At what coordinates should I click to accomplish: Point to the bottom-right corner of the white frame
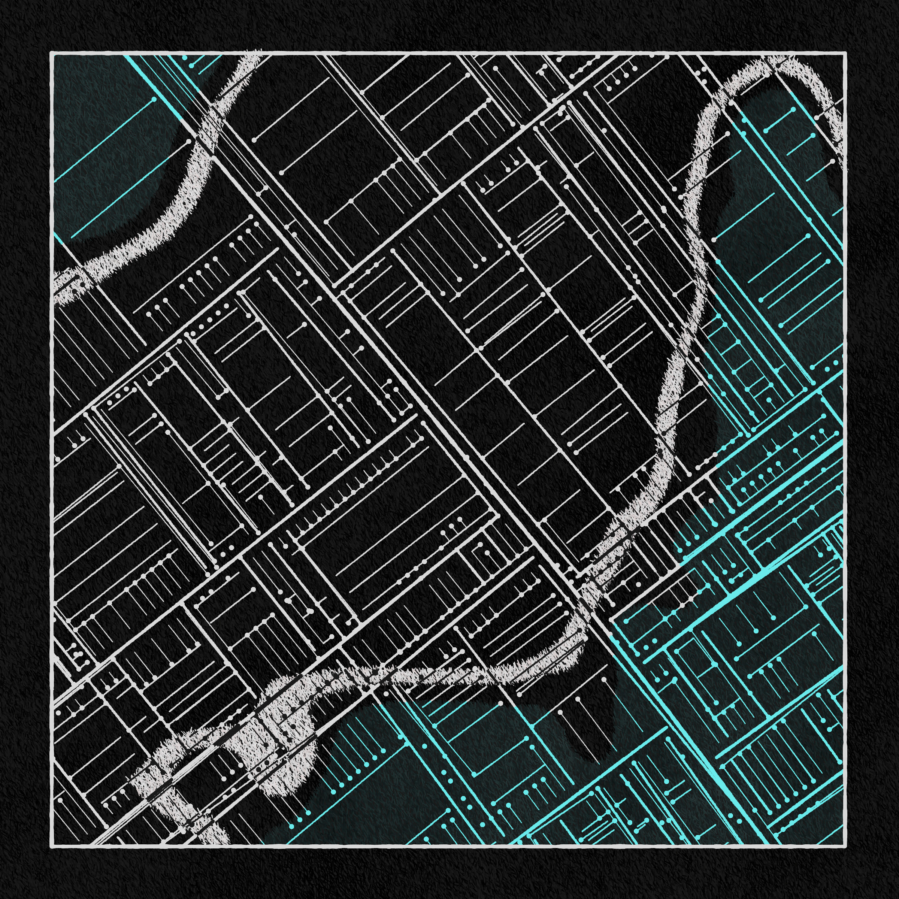pyautogui.click(x=845, y=845)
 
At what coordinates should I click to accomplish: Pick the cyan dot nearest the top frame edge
pyautogui.click(x=185, y=58)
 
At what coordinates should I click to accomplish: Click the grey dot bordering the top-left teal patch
pyautogui.click(x=188, y=140)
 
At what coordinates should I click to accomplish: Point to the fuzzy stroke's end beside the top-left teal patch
pyautogui.click(x=254, y=58)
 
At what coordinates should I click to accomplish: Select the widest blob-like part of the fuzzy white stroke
pyautogui.click(x=275, y=740)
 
